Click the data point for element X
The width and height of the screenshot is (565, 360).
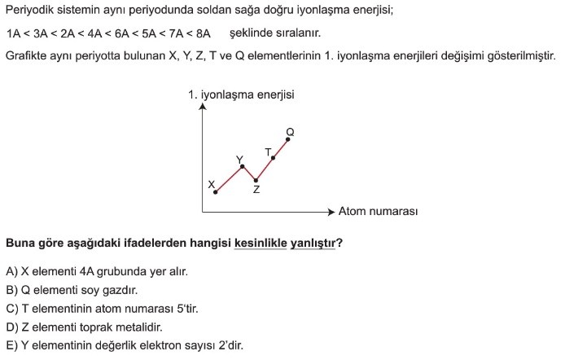216,191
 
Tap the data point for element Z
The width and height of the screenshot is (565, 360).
256,180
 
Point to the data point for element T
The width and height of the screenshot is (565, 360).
273,157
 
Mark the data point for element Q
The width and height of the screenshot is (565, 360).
289,139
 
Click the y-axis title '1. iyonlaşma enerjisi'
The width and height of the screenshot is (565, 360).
241,94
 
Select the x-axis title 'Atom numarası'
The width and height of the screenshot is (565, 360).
378,212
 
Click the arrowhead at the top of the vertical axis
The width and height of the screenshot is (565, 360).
202,107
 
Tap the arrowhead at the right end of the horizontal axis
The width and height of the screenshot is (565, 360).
331,212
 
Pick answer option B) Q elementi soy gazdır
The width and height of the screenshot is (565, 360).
72,290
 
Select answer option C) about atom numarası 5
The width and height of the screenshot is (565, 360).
102,309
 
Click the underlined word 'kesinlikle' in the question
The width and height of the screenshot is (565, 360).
261,242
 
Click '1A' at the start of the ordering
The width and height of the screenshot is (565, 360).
13,33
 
